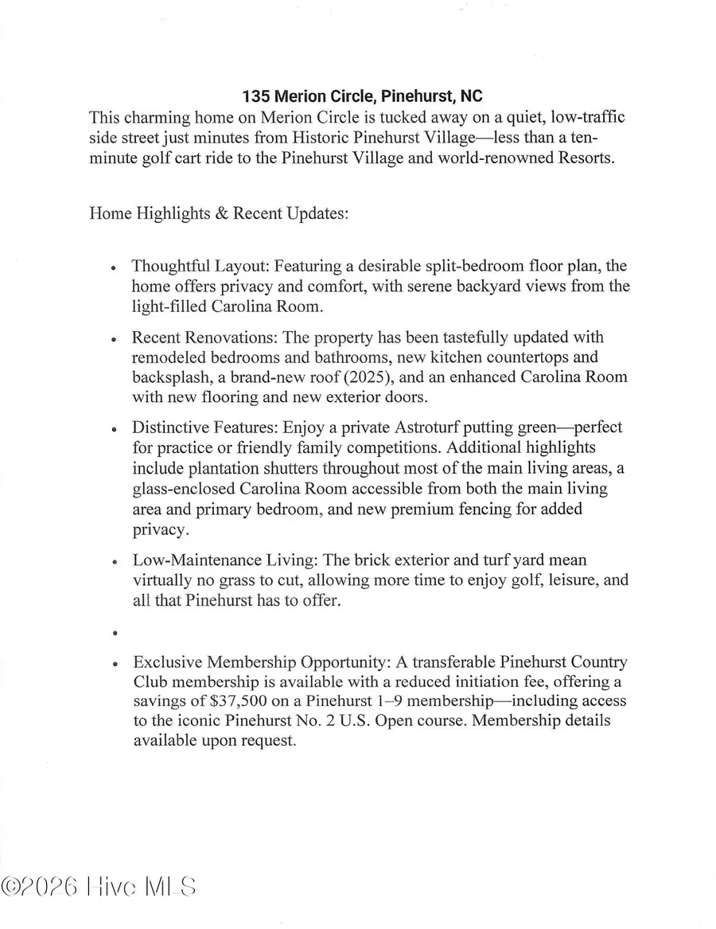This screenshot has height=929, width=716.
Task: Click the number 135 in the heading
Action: point(256,97)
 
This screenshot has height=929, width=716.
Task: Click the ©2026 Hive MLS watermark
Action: point(99,887)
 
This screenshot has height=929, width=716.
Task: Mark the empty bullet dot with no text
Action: point(116,634)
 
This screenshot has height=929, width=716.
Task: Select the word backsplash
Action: point(171,377)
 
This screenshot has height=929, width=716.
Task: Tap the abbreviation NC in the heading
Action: point(471,97)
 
